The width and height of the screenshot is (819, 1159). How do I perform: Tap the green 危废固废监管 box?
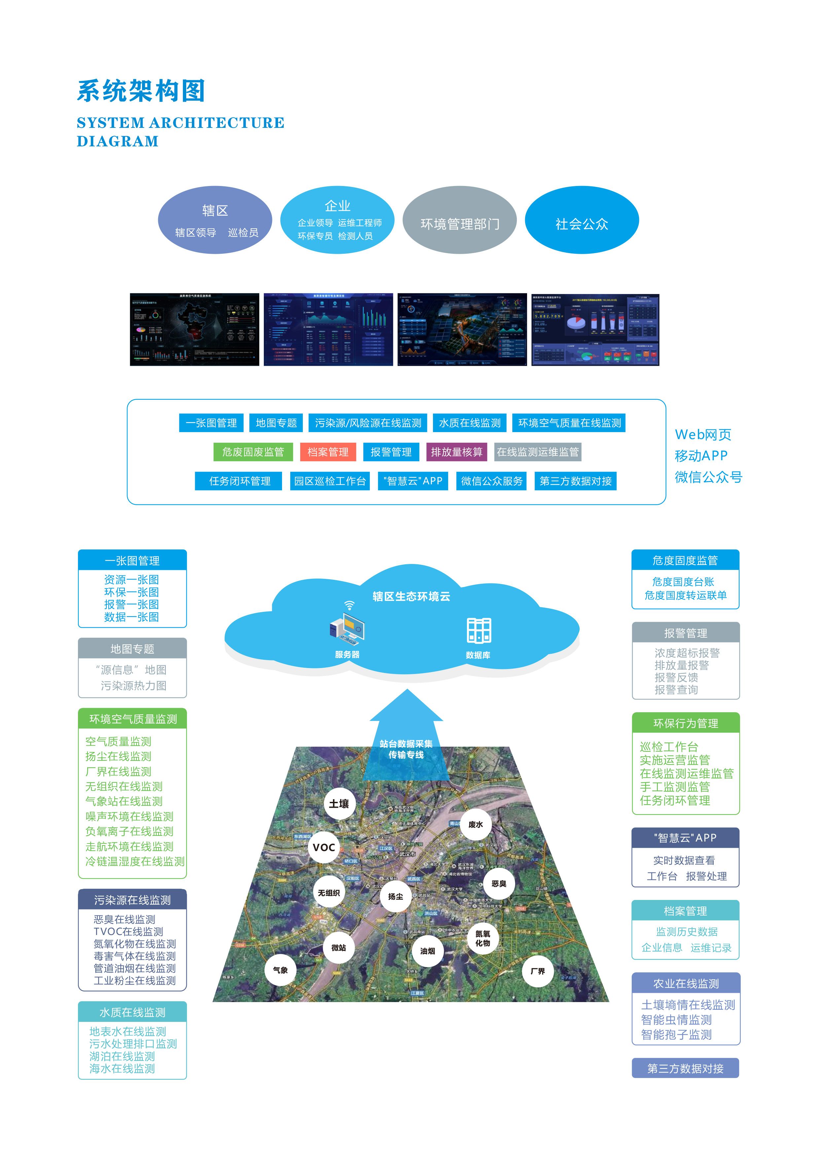pos(253,452)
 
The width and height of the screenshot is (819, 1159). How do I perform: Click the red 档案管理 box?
pos(328,452)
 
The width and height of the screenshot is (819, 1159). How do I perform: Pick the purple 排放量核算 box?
pos(457,452)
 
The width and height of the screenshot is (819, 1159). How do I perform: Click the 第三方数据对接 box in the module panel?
pos(575,481)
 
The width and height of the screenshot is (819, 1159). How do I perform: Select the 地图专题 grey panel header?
pos(132,649)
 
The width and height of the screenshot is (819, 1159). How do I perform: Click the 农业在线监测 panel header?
pos(686,983)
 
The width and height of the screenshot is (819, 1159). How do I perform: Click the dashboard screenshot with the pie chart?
pos(595,330)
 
